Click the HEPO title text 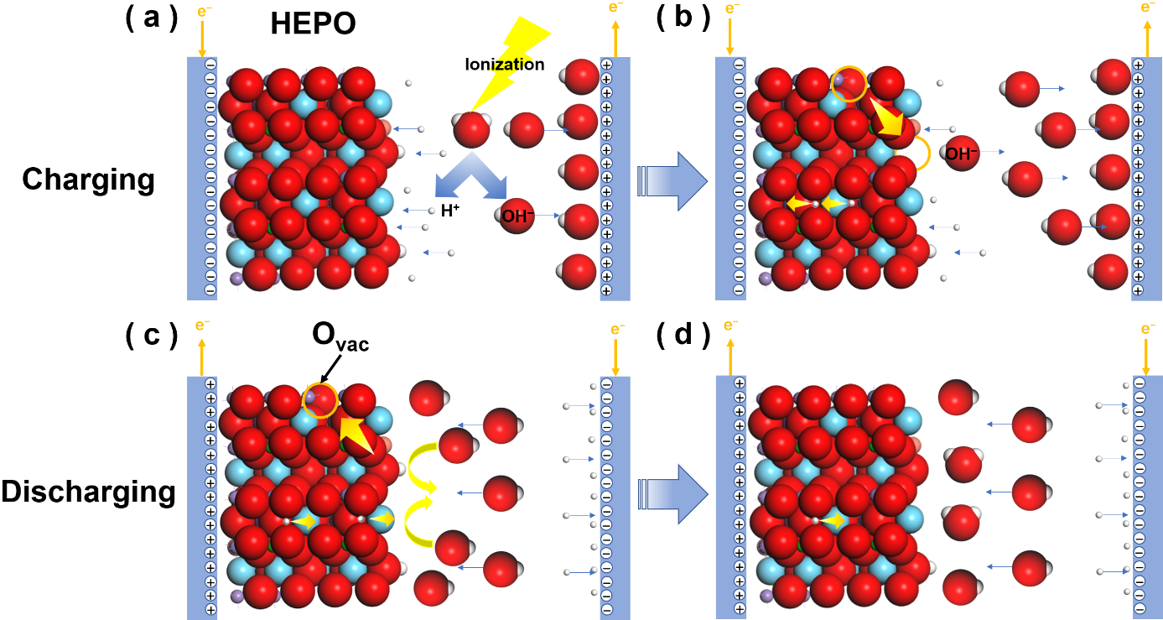point(314,25)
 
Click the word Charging point(89,180)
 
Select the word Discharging point(88,492)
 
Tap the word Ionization point(506,65)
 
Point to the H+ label point(450,211)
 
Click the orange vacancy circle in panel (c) point(319,400)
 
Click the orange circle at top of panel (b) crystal point(849,85)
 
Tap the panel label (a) point(151,18)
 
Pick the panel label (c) point(151,336)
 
